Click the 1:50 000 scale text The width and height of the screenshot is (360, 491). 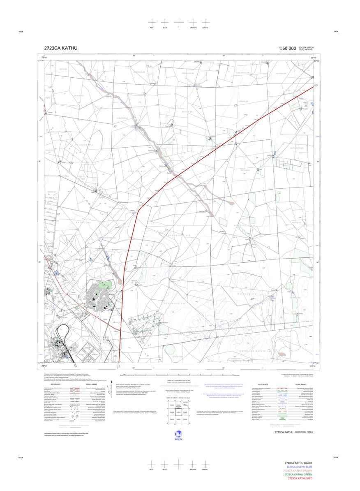coord(287,48)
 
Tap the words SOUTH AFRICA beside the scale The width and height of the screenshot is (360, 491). coord(306,47)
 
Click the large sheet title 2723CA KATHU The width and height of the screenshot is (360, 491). coord(60,48)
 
